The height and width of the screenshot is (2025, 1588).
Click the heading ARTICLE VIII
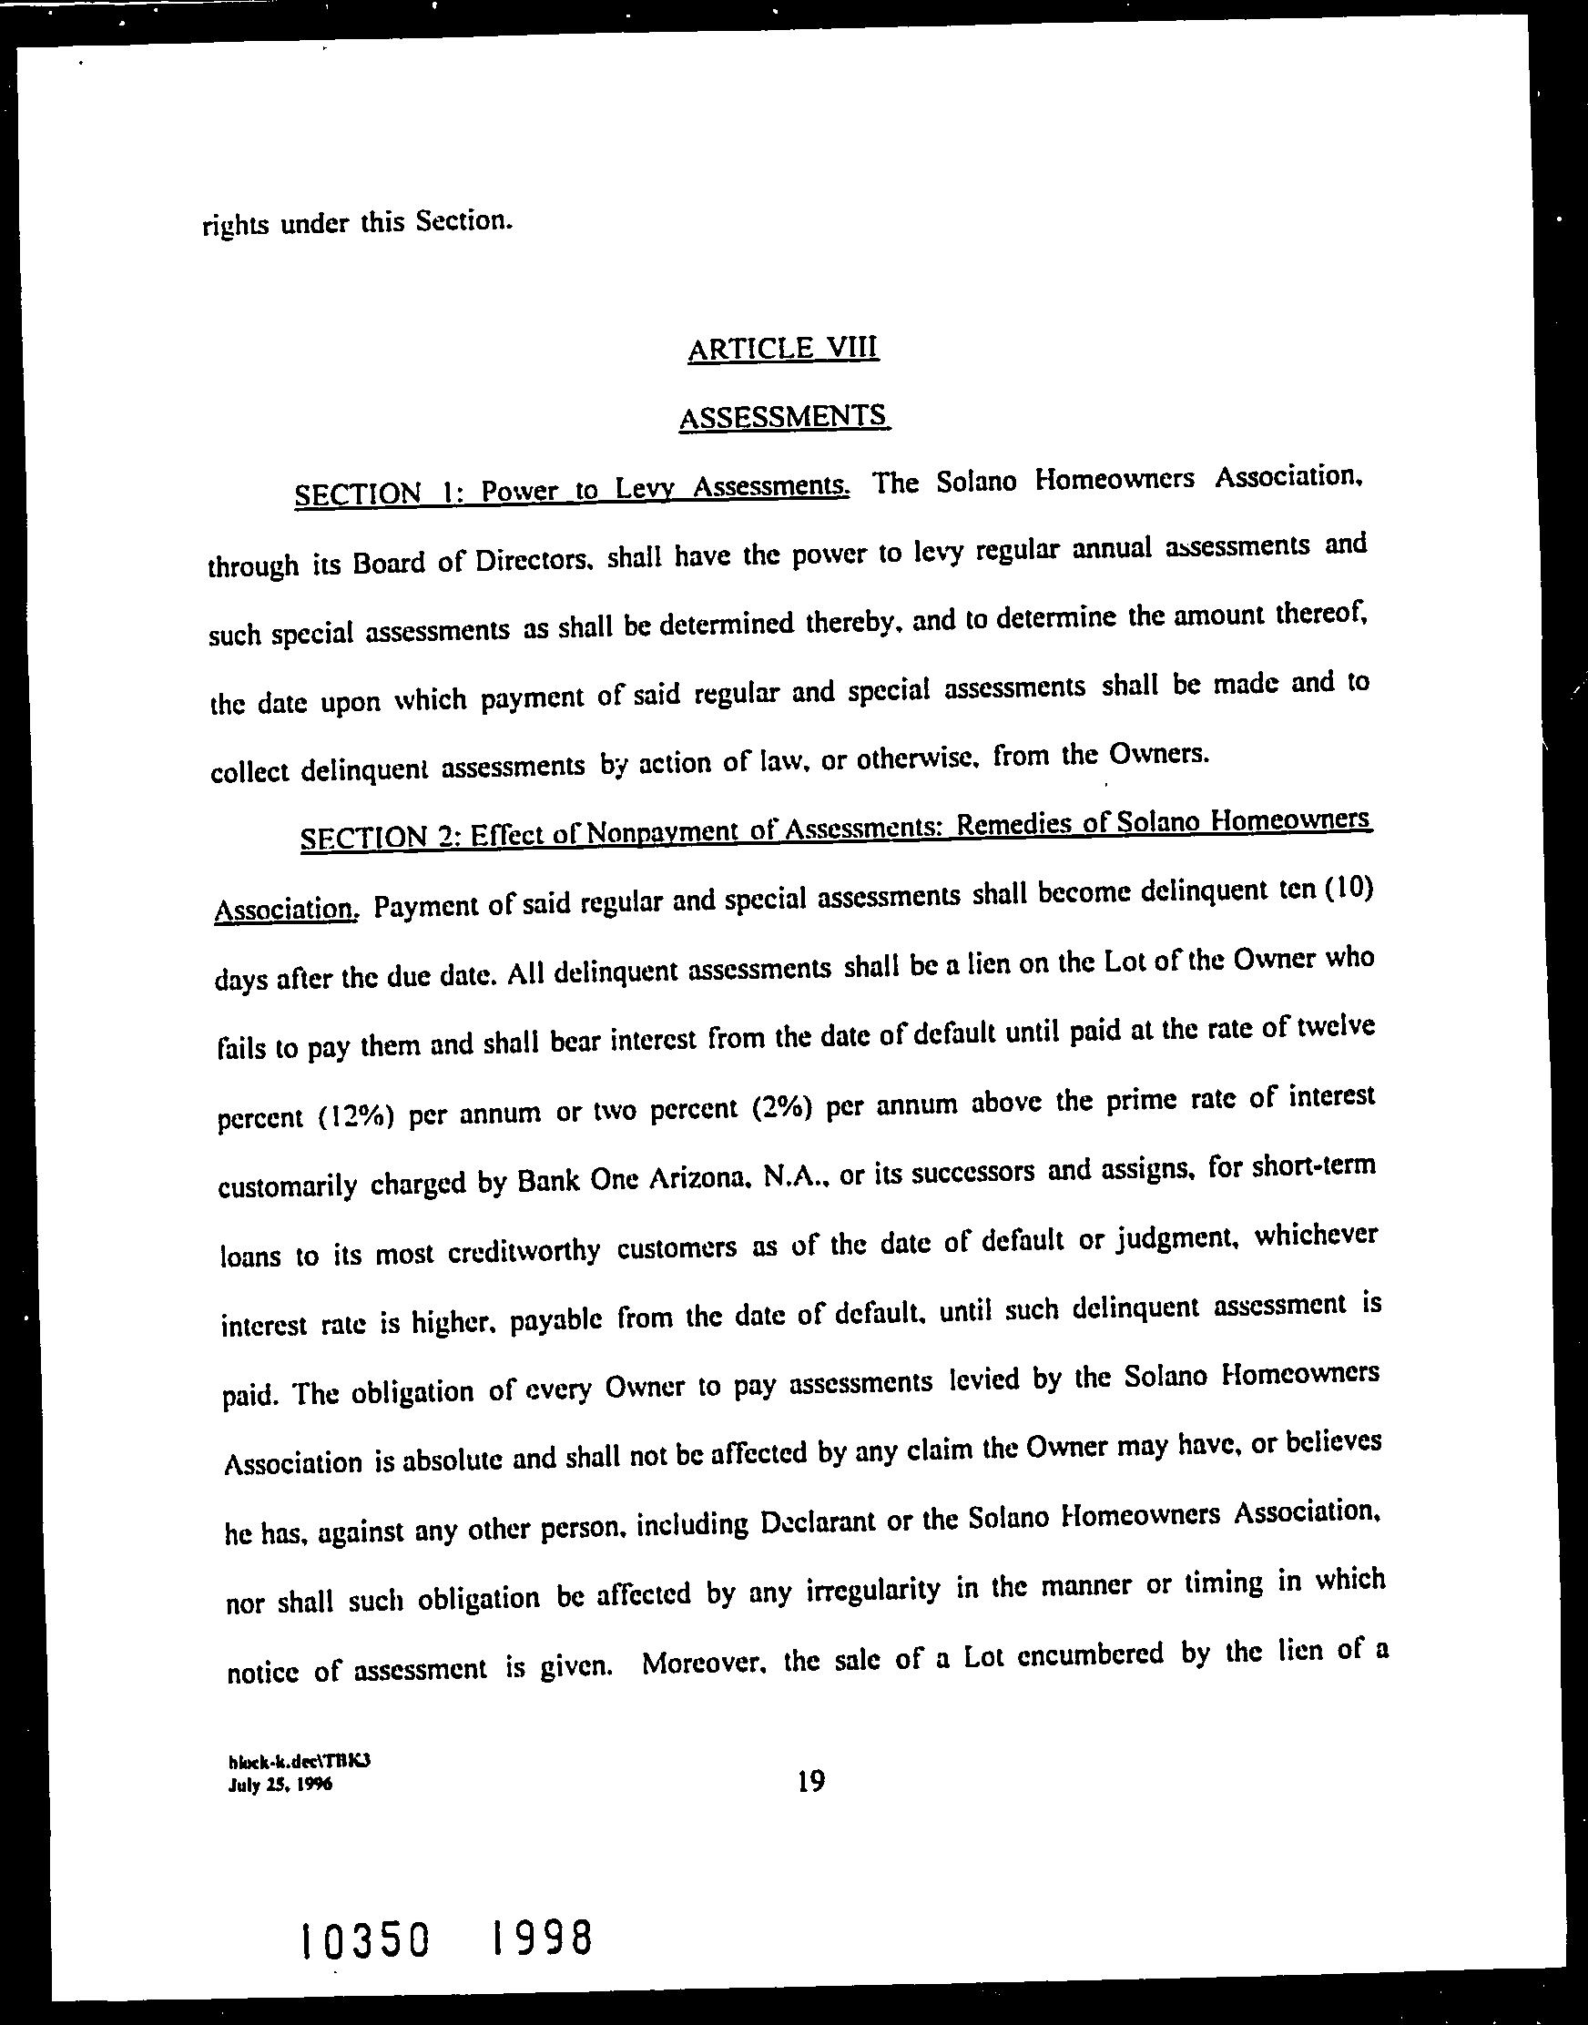tap(783, 349)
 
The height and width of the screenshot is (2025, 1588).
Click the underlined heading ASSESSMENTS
tap(784, 416)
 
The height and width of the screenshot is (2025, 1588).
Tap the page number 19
tap(810, 1781)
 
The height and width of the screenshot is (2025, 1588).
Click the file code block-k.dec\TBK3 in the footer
tap(300, 1761)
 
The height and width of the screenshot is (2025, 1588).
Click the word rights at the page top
tap(234, 225)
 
